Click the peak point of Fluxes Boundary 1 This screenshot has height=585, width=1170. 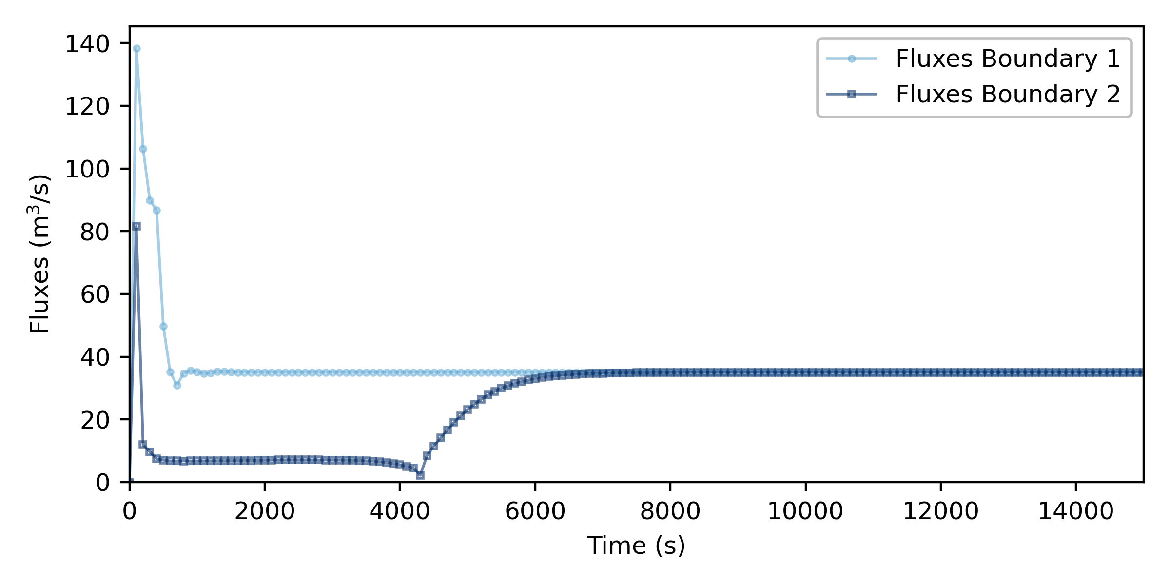136,49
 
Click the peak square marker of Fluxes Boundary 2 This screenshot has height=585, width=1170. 136,226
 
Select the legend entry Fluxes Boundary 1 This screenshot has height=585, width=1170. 1008,59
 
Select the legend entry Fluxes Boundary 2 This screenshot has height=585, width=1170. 1008,94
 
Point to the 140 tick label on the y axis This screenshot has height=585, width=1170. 87,44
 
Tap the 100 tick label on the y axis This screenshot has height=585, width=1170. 87,169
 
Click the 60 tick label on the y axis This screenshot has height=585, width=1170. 95,294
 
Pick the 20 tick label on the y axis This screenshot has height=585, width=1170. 95,420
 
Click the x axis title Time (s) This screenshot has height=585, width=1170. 636,545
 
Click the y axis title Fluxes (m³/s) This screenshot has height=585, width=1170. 39,253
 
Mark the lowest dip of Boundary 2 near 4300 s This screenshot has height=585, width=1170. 420,475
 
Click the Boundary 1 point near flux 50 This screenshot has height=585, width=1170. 164,326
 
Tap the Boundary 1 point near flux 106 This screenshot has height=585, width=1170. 143,149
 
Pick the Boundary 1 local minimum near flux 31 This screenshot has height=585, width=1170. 177,385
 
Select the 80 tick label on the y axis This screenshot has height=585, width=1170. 95,232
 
